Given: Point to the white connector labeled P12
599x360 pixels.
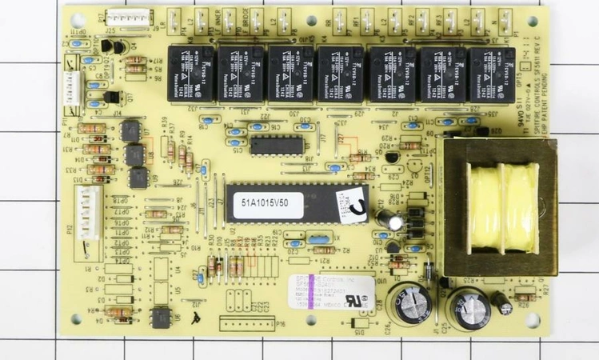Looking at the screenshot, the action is tap(86, 212).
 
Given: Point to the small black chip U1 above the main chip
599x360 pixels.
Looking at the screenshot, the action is tap(276, 145).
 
